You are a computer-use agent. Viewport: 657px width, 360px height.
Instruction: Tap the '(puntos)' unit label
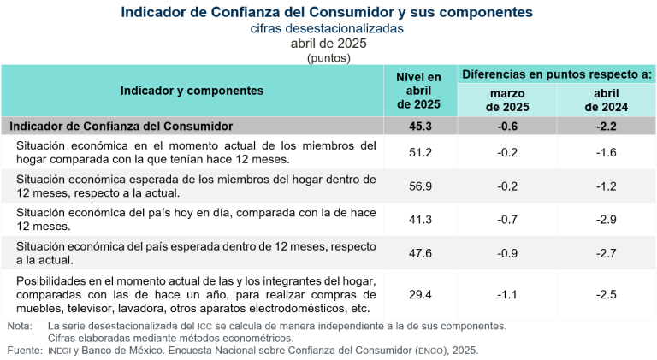(328, 58)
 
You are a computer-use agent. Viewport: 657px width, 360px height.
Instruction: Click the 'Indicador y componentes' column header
(192, 90)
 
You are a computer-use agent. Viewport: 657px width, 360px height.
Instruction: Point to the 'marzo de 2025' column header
(507, 100)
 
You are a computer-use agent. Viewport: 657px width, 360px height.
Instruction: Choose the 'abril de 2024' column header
(606, 100)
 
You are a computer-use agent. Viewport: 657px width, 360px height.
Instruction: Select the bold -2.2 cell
(606, 126)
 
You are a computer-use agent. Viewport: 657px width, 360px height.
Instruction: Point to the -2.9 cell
(606, 220)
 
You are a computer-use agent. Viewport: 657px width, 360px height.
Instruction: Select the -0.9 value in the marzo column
(507, 253)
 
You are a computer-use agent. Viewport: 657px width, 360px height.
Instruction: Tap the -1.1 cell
(507, 294)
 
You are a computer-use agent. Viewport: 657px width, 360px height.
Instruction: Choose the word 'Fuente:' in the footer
(22, 350)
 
